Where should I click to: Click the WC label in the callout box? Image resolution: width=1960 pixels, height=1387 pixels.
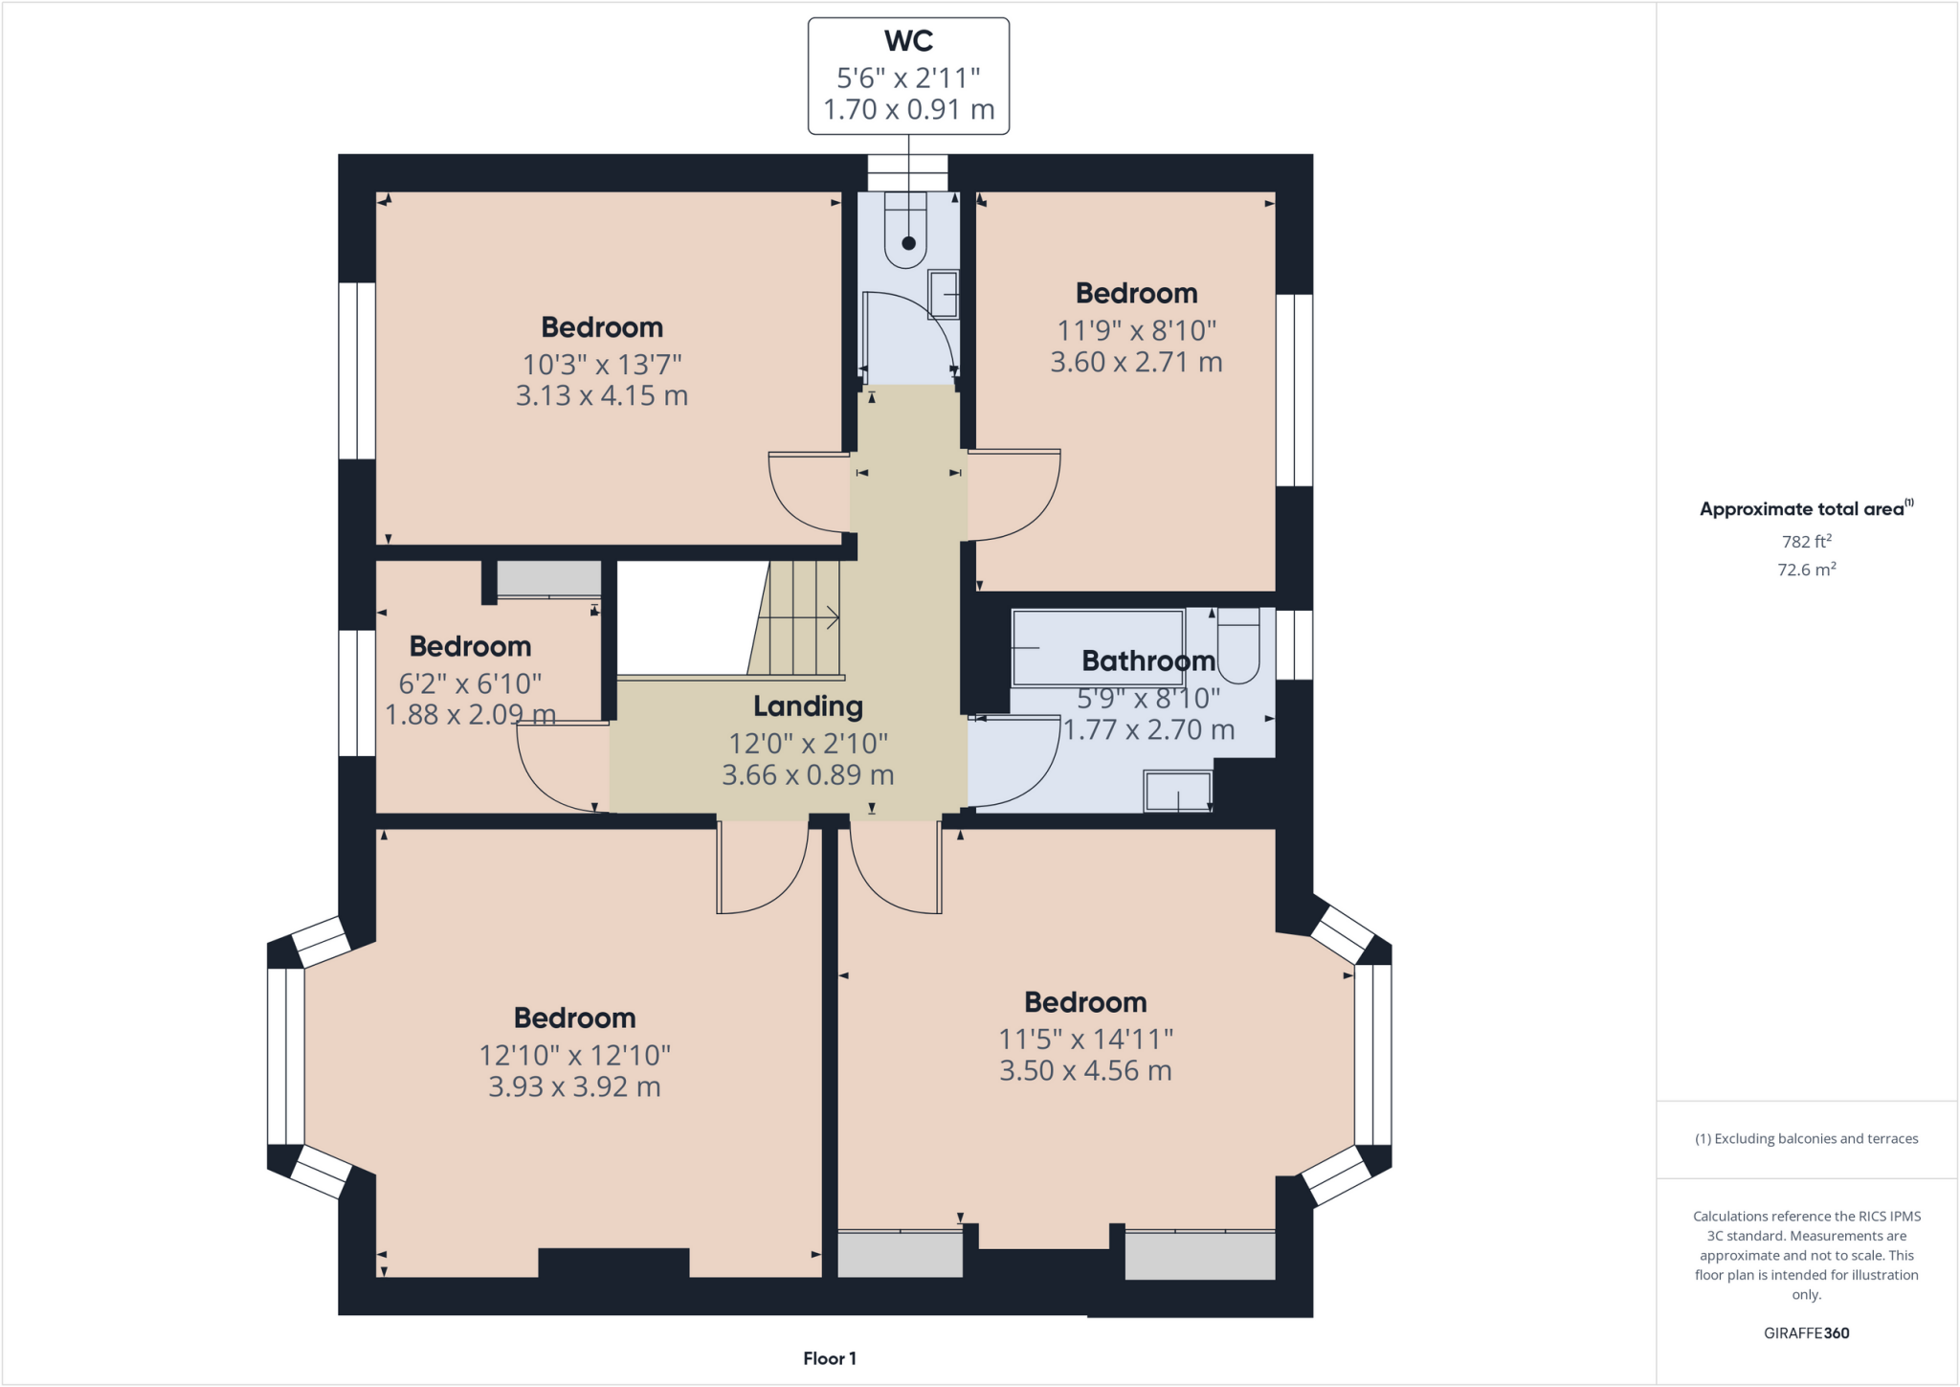pyautogui.click(x=908, y=41)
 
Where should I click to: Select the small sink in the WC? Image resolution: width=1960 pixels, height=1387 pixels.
pyautogui.click(x=944, y=294)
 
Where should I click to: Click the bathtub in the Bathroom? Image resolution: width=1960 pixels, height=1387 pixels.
pyautogui.click(x=1098, y=647)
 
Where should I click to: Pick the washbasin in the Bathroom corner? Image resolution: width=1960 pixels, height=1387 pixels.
pyautogui.click(x=1178, y=792)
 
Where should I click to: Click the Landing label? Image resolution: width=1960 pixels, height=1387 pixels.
pyautogui.click(x=808, y=706)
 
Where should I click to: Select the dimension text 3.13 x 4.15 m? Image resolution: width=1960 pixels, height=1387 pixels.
pyautogui.click(x=602, y=395)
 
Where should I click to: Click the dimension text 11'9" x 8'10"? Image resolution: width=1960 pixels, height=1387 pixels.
pyautogui.click(x=1136, y=330)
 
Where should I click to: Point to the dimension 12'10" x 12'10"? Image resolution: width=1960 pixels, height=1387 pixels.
pyautogui.click(x=574, y=1055)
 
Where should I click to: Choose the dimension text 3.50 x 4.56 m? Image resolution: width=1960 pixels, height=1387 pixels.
pyautogui.click(x=1085, y=1070)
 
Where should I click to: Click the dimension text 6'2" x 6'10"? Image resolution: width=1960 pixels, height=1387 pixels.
pyautogui.click(x=470, y=683)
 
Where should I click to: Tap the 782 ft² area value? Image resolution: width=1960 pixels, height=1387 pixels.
pyautogui.click(x=1806, y=541)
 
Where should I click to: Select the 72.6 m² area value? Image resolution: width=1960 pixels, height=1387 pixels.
pyautogui.click(x=1806, y=570)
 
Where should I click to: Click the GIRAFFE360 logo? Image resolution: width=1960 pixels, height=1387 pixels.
pyautogui.click(x=1806, y=1332)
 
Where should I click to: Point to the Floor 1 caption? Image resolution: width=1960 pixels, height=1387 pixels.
pyautogui.click(x=830, y=1358)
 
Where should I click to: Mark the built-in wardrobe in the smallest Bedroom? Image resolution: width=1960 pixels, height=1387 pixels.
pyautogui.click(x=548, y=578)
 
